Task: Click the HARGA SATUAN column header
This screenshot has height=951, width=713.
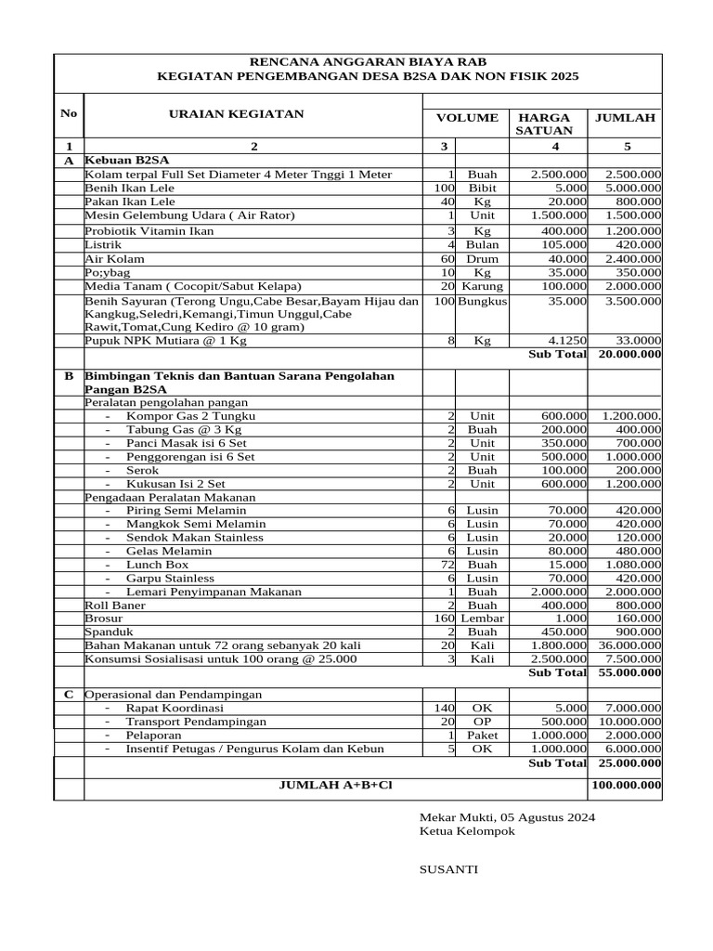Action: tap(544, 124)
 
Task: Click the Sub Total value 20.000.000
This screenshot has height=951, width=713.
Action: tap(629, 354)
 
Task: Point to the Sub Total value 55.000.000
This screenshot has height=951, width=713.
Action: tap(629, 672)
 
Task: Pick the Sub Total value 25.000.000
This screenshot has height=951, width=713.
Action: tap(629, 762)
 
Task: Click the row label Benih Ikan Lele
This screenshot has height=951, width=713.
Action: tap(129, 187)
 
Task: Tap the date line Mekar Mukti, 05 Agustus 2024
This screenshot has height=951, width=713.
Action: tap(507, 817)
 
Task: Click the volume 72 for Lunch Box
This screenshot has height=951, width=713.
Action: tap(447, 564)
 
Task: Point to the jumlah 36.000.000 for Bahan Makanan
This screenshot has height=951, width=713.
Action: tap(627, 645)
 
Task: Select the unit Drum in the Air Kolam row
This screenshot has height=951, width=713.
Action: tap(482, 258)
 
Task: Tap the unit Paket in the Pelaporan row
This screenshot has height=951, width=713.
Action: tap(482, 735)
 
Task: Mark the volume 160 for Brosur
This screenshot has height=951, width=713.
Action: tap(443, 618)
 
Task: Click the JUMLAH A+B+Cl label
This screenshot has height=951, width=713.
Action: tap(335, 785)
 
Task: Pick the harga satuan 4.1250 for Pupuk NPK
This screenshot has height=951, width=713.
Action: tap(564, 341)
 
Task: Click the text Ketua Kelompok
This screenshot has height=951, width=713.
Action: tap(467, 831)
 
